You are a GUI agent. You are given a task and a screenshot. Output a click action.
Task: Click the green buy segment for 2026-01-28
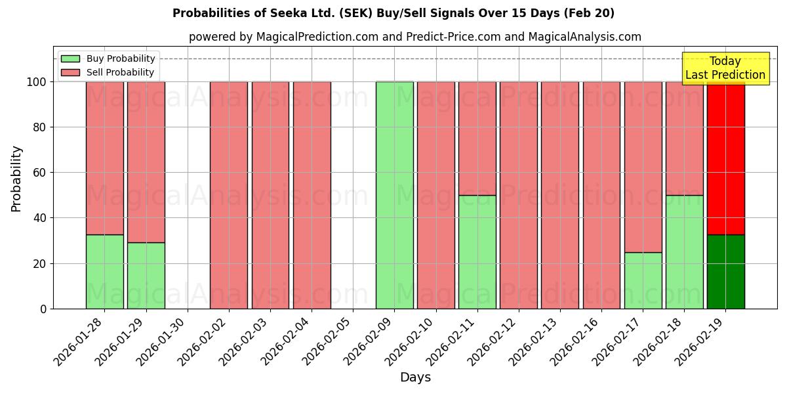point(105,271)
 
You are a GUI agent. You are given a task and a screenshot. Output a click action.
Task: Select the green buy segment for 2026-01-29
point(146,275)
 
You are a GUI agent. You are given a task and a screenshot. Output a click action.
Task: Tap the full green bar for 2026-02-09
point(394,195)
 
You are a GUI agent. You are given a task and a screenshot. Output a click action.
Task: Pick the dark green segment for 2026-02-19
point(725,271)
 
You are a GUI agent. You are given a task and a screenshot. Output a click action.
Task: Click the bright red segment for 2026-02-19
point(725,158)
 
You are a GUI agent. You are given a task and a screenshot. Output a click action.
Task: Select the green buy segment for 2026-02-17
point(643,280)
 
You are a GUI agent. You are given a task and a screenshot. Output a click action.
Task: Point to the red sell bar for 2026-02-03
point(270,195)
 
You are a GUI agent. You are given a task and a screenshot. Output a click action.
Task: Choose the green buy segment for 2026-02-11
point(477,252)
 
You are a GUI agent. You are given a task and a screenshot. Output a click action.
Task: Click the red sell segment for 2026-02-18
point(684,138)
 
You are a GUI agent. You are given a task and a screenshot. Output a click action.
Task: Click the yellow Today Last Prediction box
point(725,68)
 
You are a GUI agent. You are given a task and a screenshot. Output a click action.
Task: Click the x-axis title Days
point(415,378)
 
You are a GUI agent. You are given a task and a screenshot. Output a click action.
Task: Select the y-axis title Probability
point(16,179)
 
